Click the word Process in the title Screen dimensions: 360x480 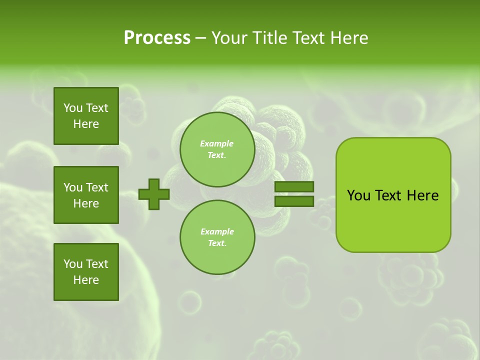(157, 38)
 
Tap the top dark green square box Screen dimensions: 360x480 (86, 116)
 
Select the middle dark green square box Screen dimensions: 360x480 (86, 195)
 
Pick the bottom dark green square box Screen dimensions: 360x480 (86, 272)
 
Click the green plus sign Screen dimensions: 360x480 (154, 194)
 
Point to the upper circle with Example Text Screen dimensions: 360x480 (217, 149)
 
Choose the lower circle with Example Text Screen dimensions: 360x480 (217, 237)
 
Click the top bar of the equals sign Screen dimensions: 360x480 (294, 187)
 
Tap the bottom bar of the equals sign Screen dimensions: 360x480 (294, 201)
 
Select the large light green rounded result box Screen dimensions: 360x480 (393, 195)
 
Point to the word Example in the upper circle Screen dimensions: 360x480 (217, 143)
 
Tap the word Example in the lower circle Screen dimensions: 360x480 (217, 231)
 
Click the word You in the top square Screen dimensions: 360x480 (72, 108)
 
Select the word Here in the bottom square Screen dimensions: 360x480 (86, 280)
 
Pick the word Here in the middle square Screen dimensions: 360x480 (86, 203)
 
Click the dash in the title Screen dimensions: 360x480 (201, 38)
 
